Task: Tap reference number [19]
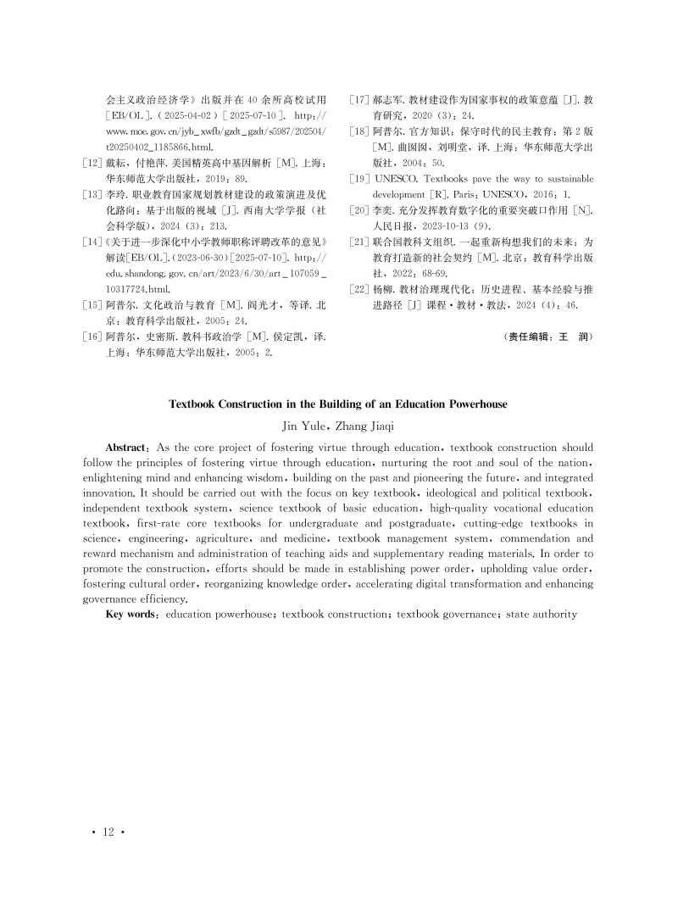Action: click(360, 180)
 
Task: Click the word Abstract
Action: click(129, 446)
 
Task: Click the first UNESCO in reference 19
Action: click(399, 180)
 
